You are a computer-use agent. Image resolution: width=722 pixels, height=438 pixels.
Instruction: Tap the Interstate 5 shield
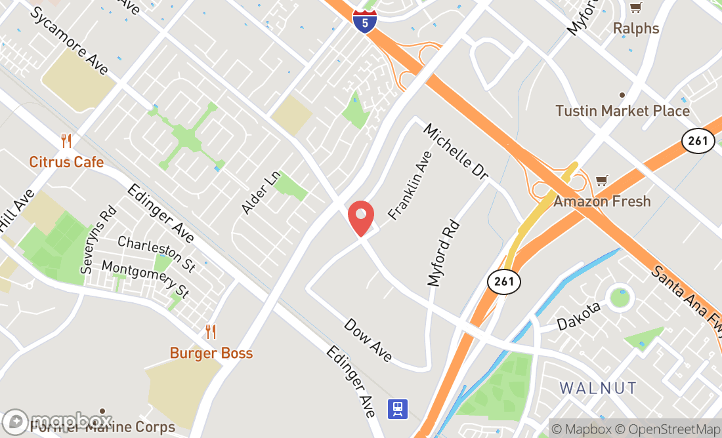tap(365, 20)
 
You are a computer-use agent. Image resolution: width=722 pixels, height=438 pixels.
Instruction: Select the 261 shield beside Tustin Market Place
tap(698, 140)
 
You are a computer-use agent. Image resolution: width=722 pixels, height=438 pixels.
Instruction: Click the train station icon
tap(398, 408)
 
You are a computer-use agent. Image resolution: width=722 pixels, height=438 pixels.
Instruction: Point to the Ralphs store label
tap(635, 28)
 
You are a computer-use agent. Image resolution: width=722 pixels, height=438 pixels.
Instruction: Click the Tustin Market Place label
tap(622, 111)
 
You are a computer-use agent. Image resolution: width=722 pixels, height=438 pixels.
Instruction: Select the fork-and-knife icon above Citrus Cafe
tap(66, 140)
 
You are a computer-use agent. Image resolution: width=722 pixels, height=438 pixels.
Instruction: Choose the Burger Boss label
tap(211, 353)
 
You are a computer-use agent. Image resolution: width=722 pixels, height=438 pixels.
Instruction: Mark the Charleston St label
tap(156, 254)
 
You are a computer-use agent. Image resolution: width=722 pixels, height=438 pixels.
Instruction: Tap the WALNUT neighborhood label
tap(598, 388)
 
